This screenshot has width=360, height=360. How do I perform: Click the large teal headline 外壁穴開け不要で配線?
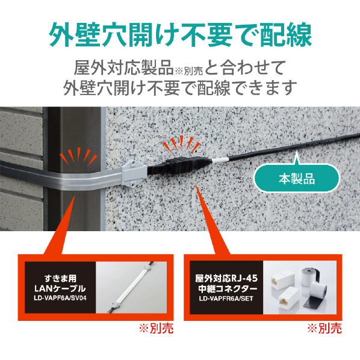click(181, 34)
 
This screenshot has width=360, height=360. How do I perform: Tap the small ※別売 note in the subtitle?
click(188, 71)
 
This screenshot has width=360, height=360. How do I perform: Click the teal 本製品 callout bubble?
click(296, 178)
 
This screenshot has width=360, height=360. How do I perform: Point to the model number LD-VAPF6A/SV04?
click(60, 298)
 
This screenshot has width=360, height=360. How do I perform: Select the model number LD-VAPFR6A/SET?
click(226, 299)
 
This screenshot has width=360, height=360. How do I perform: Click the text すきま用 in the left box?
click(60, 279)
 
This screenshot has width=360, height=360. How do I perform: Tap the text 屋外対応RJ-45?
click(226, 279)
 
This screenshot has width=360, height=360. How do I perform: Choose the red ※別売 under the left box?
click(157, 329)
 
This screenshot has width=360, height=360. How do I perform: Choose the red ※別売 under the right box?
click(324, 329)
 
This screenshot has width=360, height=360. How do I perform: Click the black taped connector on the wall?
click(179, 165)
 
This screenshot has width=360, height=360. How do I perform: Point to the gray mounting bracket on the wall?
click(134, 173)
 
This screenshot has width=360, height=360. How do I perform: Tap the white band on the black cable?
click(220, 160)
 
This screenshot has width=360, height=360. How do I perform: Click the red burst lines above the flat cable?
click(78, 157)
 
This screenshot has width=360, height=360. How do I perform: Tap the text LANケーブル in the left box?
click(60, 288)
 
